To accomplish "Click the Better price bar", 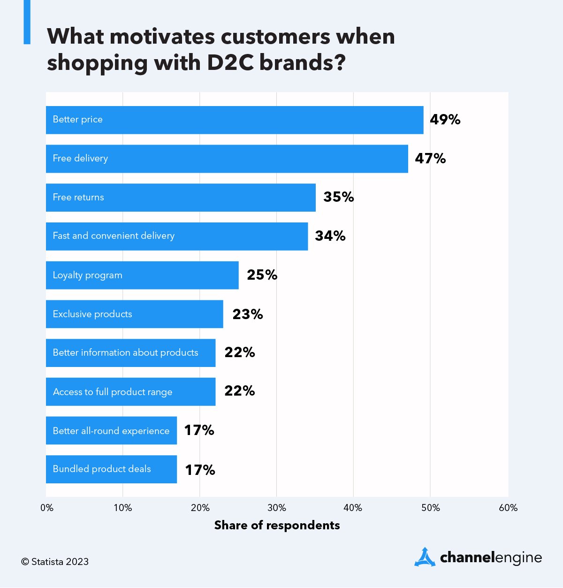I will [235, 120].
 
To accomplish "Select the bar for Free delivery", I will [227, 159].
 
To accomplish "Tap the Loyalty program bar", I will [142, 275].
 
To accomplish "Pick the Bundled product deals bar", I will [111, 469].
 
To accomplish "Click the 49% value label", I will [445, 120].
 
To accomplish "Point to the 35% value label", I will [338, 197].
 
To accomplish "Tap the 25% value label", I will [262, 275].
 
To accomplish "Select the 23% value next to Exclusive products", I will [247, 314].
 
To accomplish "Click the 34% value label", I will [330, 236].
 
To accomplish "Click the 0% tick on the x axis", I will [47, 508].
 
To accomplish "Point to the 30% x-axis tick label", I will [276, 508].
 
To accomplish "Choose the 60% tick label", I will [508, 508].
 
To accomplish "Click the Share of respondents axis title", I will [277, 525].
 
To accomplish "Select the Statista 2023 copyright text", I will [55, 562].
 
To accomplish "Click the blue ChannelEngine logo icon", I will [425, 557].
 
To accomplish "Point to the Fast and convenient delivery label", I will [114, 236].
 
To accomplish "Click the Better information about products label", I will [125, 353].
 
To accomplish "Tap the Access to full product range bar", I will [130, 392].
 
